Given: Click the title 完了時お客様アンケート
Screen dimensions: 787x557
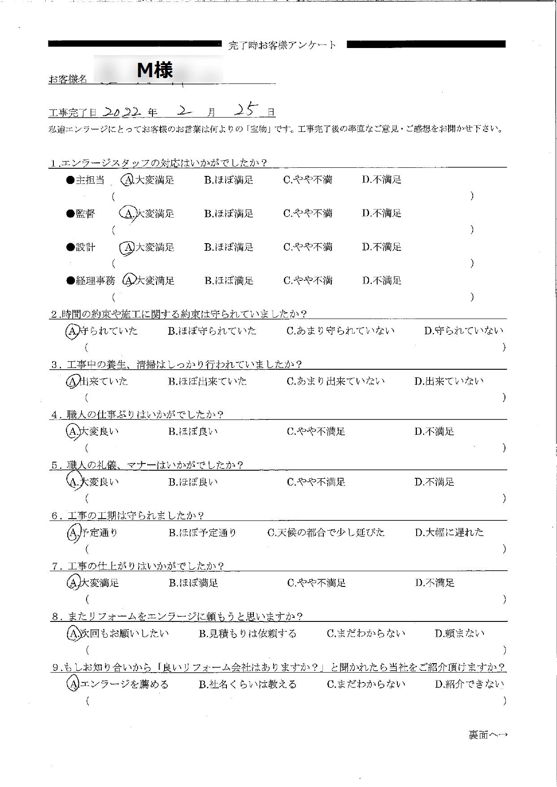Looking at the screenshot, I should pyautogui.click(x=282, y=45).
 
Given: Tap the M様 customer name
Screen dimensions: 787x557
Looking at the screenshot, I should pyautogui.click(x=155, y=70).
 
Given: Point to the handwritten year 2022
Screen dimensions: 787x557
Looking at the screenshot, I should pyautogui.click(x=122, y=111).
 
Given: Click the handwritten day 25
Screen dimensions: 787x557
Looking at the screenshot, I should pyautogui.click(x=247, y=109).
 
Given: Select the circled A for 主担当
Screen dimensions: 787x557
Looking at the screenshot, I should pyautogui.click(x=128, y=180).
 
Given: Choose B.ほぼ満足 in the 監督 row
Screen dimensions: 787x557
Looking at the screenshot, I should pyautogui.click(x=229, y=214).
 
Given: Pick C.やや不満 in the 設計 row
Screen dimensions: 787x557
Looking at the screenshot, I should pyautogui.click(x=308, y=247).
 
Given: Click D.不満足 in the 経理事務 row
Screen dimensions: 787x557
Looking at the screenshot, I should pyautogui.click(x=382, y=281).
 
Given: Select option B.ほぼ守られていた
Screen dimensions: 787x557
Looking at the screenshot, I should pyautogui.click(x=212, y=331).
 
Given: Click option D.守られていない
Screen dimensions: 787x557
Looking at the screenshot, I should pyautogui.click(x=464, y=331).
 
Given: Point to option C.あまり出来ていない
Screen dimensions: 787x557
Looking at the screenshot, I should pyautogui.click(x=336, y=381).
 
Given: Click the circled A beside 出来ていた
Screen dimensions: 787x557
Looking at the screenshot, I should pyautogui.click(x=72, y=381).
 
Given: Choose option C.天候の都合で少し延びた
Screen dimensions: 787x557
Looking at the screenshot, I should pyautogui.click(x=326, y=533).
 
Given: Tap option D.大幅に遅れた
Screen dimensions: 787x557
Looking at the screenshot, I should pyautogui.click(x=449, y=533).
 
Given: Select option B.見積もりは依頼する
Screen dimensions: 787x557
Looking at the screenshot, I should pyautogui.click(x=248, y=634).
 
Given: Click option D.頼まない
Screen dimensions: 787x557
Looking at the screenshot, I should pyautogui.click(x=460, y=634).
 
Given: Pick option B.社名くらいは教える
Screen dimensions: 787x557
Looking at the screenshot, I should pyautogui.click(x=248, y=684).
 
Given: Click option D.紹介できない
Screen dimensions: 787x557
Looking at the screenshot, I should pyautogui.click(x=469, y=684).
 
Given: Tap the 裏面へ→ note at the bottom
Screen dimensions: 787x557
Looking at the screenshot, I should pyautogui.click(x=488, y=735).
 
